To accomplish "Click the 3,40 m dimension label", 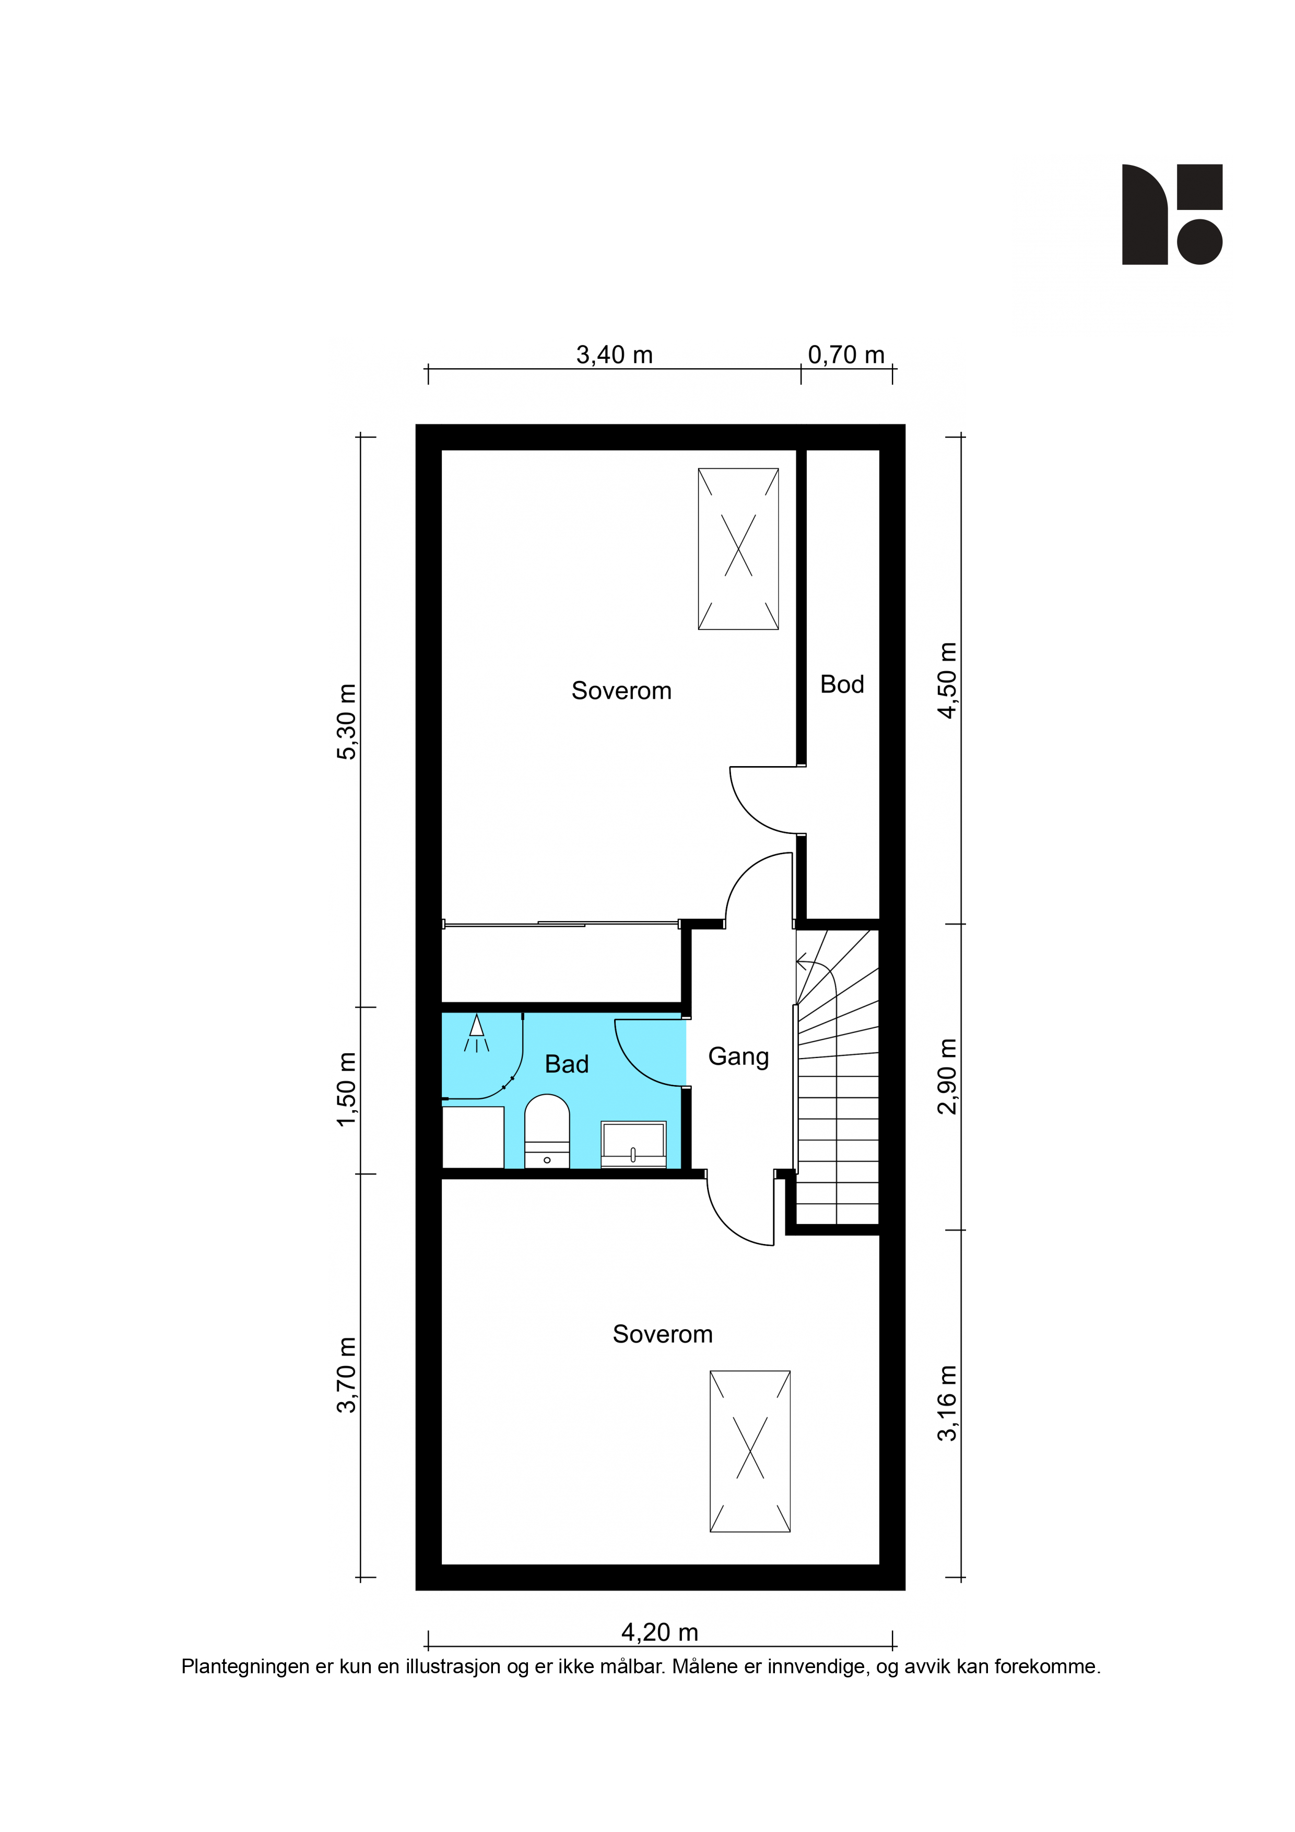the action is [x=615, y=355].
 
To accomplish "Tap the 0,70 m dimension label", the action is [x=846, y=355].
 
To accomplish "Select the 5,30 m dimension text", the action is [x=347, y=722].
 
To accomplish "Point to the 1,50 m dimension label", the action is [x=347, y=1090].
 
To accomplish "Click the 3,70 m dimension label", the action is [x=347, y=1375].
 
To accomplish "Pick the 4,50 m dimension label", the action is [x=947, y=680].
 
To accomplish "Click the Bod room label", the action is [x=842, y=685].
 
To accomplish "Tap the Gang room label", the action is [x=739, y=1057].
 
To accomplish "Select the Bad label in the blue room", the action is [x=567, y=1064].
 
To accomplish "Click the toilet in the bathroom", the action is [x=547, y=1132].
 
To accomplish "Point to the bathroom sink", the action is [x=633, y=1145].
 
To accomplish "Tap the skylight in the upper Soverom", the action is [x=738, y=549].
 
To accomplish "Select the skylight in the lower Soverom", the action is [x=750, y=1451].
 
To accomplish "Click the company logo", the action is [x=1172, y=215].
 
